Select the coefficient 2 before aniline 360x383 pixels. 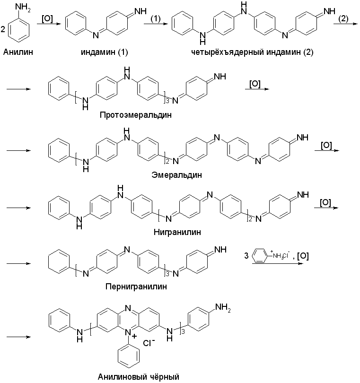pos(3,30)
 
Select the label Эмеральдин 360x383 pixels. pos(176,174)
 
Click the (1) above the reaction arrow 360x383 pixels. pos(157,18)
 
